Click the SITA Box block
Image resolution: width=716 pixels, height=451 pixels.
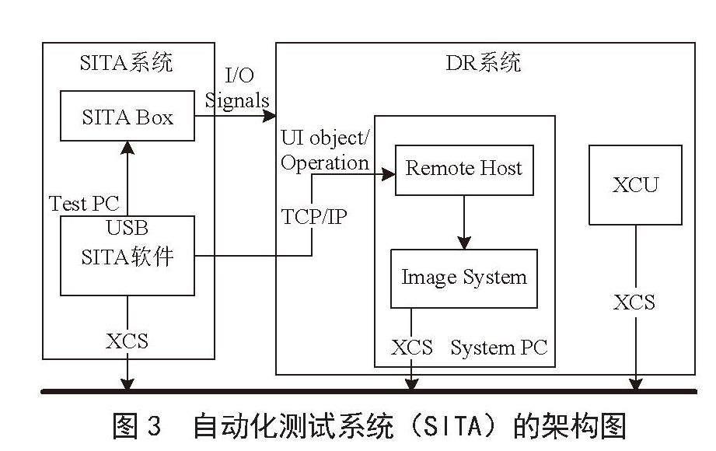coord(127,116)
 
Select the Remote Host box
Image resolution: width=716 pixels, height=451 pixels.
coord(464,170)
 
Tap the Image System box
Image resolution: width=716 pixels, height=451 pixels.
coord(464,278)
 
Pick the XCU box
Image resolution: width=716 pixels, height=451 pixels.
coord(635,185)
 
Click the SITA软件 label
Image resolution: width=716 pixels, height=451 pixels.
coord(127,257)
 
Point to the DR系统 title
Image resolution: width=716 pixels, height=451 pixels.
coord(483,62)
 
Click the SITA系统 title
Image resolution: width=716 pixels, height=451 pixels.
coord(127,62)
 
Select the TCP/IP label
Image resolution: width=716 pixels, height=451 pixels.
coord(314,217)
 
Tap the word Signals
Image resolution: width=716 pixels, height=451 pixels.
coord(237,100)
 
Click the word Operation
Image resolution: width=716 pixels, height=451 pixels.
coord(325,163)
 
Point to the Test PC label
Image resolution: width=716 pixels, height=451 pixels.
coord(84,203)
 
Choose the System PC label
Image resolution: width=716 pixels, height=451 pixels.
coord(498,348)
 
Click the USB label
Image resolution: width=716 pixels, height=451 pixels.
coord(127,228)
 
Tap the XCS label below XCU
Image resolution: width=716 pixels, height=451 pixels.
coord(634,302)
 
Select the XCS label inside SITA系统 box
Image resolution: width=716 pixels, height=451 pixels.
coord(127,341)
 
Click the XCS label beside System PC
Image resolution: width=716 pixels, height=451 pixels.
coord(412,348)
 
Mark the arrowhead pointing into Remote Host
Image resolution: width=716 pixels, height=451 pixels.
coord(389,174)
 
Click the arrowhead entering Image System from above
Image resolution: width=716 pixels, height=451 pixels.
coord(464,243)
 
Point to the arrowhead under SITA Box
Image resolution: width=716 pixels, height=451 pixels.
coord(127,148)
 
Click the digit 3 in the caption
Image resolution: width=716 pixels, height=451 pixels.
coord(155,425)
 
